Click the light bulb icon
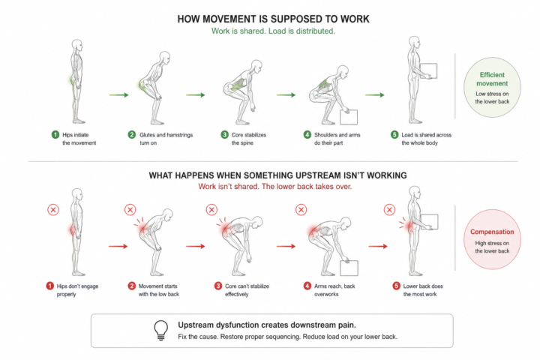(x=160, y=330)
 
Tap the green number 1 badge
(x=55, y=135)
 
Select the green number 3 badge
(x=224, y=135)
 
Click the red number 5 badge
(x=397, y=286)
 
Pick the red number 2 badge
(x=131, y=286)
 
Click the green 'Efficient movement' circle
(x=492, y=88)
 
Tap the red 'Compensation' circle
(x=492, y=239)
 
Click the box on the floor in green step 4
(x=349, y=117)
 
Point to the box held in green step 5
(x=428, y=71)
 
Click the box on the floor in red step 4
(x=349, y=268)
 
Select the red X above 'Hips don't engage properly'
(x=53, y=210)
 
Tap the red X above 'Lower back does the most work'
(x=389, y=210)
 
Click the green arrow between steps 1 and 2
(x=118, y=94)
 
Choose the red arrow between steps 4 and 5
(x=378, y=246)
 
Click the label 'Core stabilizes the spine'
(x=249, y=139)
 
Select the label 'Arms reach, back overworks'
(x=334, y=290)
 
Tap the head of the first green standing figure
(x=77, y=45)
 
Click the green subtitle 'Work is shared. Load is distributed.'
(x=273, y=31)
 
